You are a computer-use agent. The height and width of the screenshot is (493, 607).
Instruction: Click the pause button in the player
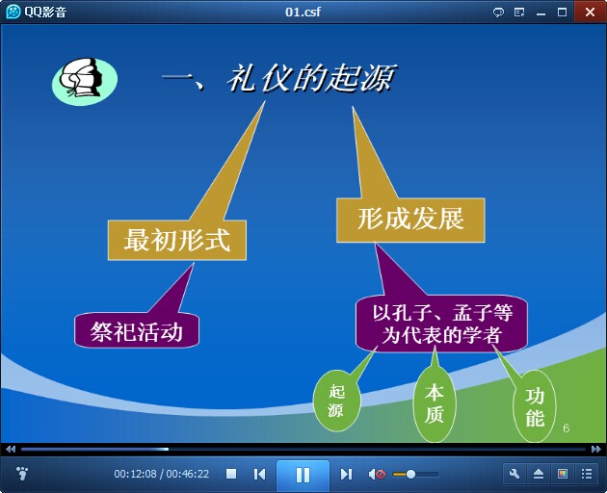click(303, 475)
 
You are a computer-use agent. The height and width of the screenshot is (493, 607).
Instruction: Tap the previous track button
click(259, 474)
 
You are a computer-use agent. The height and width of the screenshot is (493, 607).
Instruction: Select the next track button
click(346, 474)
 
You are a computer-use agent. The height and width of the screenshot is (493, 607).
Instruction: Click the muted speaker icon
click(377, 474)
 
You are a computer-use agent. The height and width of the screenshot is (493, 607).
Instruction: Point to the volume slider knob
click(410, 474)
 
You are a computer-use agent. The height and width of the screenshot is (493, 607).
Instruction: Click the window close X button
click(590, 12)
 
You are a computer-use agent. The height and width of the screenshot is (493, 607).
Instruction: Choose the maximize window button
click(562, 12)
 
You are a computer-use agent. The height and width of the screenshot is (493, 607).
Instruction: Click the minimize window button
click(541, 13)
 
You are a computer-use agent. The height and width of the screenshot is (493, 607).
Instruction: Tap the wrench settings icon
click(515, 474)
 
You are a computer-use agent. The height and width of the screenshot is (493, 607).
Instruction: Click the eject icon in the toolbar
click(539, 474)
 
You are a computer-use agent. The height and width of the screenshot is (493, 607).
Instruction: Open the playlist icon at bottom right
click(587, 474)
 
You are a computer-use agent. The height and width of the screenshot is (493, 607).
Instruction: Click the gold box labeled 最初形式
click(177, 240)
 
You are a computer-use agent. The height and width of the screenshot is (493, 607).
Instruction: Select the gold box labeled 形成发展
click(410, 221)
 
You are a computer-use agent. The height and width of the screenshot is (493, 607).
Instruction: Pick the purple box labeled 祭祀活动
click(137, 331)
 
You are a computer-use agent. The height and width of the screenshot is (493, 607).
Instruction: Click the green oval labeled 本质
click(434, 403)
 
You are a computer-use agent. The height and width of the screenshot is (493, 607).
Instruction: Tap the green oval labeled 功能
click(535, 407)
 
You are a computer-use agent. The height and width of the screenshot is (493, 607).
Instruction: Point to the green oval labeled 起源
click(336, 401)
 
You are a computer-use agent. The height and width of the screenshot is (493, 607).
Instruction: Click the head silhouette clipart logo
click(85, 81)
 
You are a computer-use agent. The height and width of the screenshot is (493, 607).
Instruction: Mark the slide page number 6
click(566, 428)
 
